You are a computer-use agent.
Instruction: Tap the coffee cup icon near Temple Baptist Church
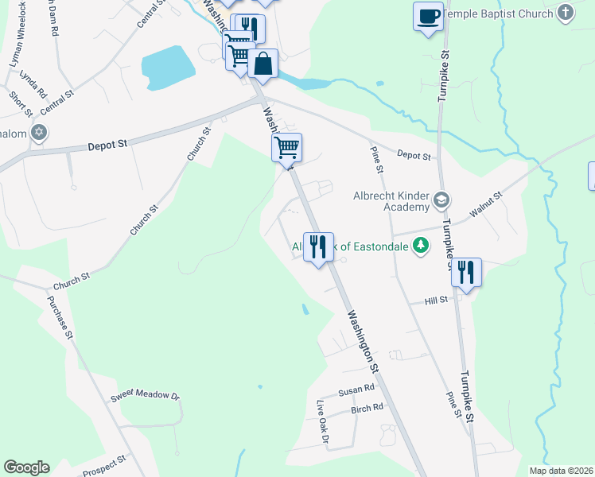[428, 15]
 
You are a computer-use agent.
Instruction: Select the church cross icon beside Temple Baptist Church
[565, 13]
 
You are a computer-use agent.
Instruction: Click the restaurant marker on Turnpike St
[466, 273]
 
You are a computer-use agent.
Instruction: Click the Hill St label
[437, 300]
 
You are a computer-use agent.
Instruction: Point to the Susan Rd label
[356, 390]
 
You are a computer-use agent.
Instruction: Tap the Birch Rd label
[367, 409]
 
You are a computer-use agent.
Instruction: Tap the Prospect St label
[104, 463]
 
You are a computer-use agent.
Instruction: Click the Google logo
[26, 467]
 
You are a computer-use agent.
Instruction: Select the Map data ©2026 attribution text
[561, 471]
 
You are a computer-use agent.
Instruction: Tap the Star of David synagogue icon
[39, 133]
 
